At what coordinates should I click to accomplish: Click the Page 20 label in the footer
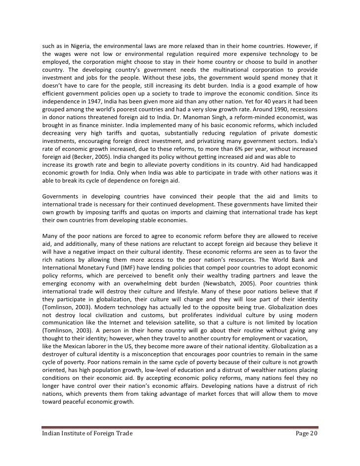click(304, 434)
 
